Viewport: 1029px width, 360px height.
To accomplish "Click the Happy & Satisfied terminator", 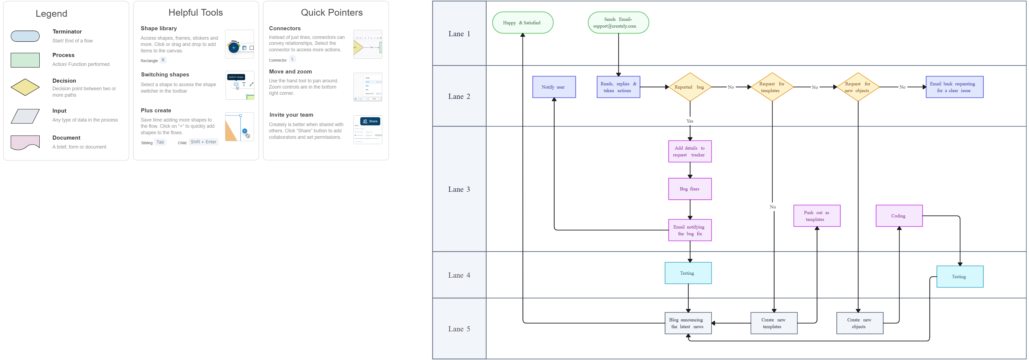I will coord(522,23).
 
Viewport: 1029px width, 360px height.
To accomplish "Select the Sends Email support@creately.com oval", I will coord(618,23).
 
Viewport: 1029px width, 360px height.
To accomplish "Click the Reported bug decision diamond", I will coord(690,87).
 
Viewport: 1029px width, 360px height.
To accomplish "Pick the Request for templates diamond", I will coord(772,87).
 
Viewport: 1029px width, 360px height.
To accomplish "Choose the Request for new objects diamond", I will coord(858,87).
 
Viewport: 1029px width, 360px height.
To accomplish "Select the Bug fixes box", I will coord(690,189).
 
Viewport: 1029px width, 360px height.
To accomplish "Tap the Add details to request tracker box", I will coord(690,152).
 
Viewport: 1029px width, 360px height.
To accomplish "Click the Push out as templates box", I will coord(817,216).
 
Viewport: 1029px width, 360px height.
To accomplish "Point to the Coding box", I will coord(899,216).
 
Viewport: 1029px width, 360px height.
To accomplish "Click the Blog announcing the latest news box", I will coord(688,323).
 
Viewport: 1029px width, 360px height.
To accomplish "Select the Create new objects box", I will coord(860,323).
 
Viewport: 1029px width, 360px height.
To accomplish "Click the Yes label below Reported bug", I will coord(690,121).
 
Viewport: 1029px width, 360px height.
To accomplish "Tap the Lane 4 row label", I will coord(459,275).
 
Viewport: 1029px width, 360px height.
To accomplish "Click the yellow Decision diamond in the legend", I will coord(25,87).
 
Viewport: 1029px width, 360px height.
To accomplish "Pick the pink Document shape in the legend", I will coord(25,142).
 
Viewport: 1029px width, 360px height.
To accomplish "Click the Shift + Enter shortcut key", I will coord(203,142).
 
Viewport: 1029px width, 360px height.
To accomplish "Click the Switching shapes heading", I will coord(165,75).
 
